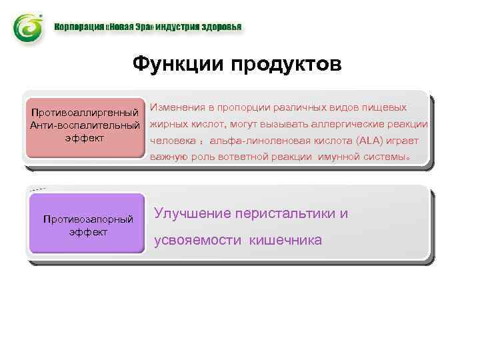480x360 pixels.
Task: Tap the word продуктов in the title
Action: point(287,65)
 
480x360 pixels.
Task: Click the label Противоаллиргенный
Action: point(85,110)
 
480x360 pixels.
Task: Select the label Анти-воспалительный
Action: point(85,124)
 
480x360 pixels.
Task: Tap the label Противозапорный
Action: point(88,219)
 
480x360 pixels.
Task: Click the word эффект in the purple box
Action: point(88,232)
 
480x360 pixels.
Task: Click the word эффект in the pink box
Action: point(85,137)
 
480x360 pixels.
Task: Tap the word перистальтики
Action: point(285,213)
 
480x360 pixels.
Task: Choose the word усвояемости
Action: point(198,240)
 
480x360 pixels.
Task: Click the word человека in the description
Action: point(171,141)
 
